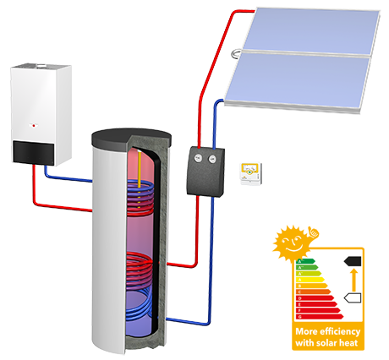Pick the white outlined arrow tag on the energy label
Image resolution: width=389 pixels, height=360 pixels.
point(353,297)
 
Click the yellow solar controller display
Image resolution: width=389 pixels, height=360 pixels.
point(249,172)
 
